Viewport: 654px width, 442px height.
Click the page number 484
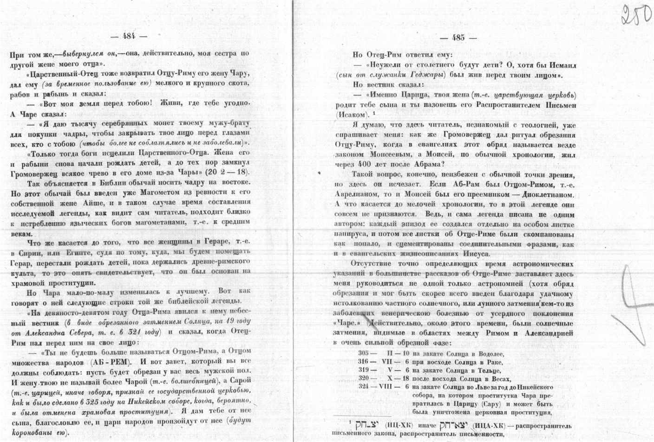click(129, 37)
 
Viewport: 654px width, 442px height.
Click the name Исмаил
click(560, 65)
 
